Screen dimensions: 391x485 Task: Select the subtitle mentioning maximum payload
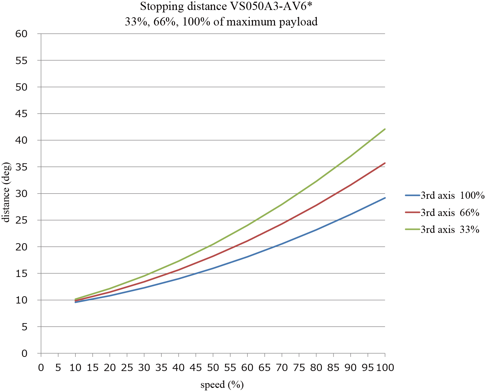[221, 22]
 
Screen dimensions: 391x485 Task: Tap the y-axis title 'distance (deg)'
[6, 193]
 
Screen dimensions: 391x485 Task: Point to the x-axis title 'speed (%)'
[222, 384]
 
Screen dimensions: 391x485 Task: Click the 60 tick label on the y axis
[21, 34]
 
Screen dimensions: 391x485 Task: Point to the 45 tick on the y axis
[21, 114]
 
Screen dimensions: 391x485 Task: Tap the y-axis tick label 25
[21, 220]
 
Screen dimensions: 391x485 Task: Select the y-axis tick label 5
[24, 327]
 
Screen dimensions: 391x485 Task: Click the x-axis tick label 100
[385, 368]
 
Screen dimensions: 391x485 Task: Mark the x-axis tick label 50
[213, 368]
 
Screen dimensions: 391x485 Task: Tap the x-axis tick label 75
[299, 368]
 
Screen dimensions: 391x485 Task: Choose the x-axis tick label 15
[92, 368]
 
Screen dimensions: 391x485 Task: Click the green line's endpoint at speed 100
[385, 129]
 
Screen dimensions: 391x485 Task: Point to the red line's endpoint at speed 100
[385, 163]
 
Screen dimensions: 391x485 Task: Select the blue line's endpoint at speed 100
[385, 198]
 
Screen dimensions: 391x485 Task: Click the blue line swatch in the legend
[412, 196]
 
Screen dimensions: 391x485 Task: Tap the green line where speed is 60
[247, 225]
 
